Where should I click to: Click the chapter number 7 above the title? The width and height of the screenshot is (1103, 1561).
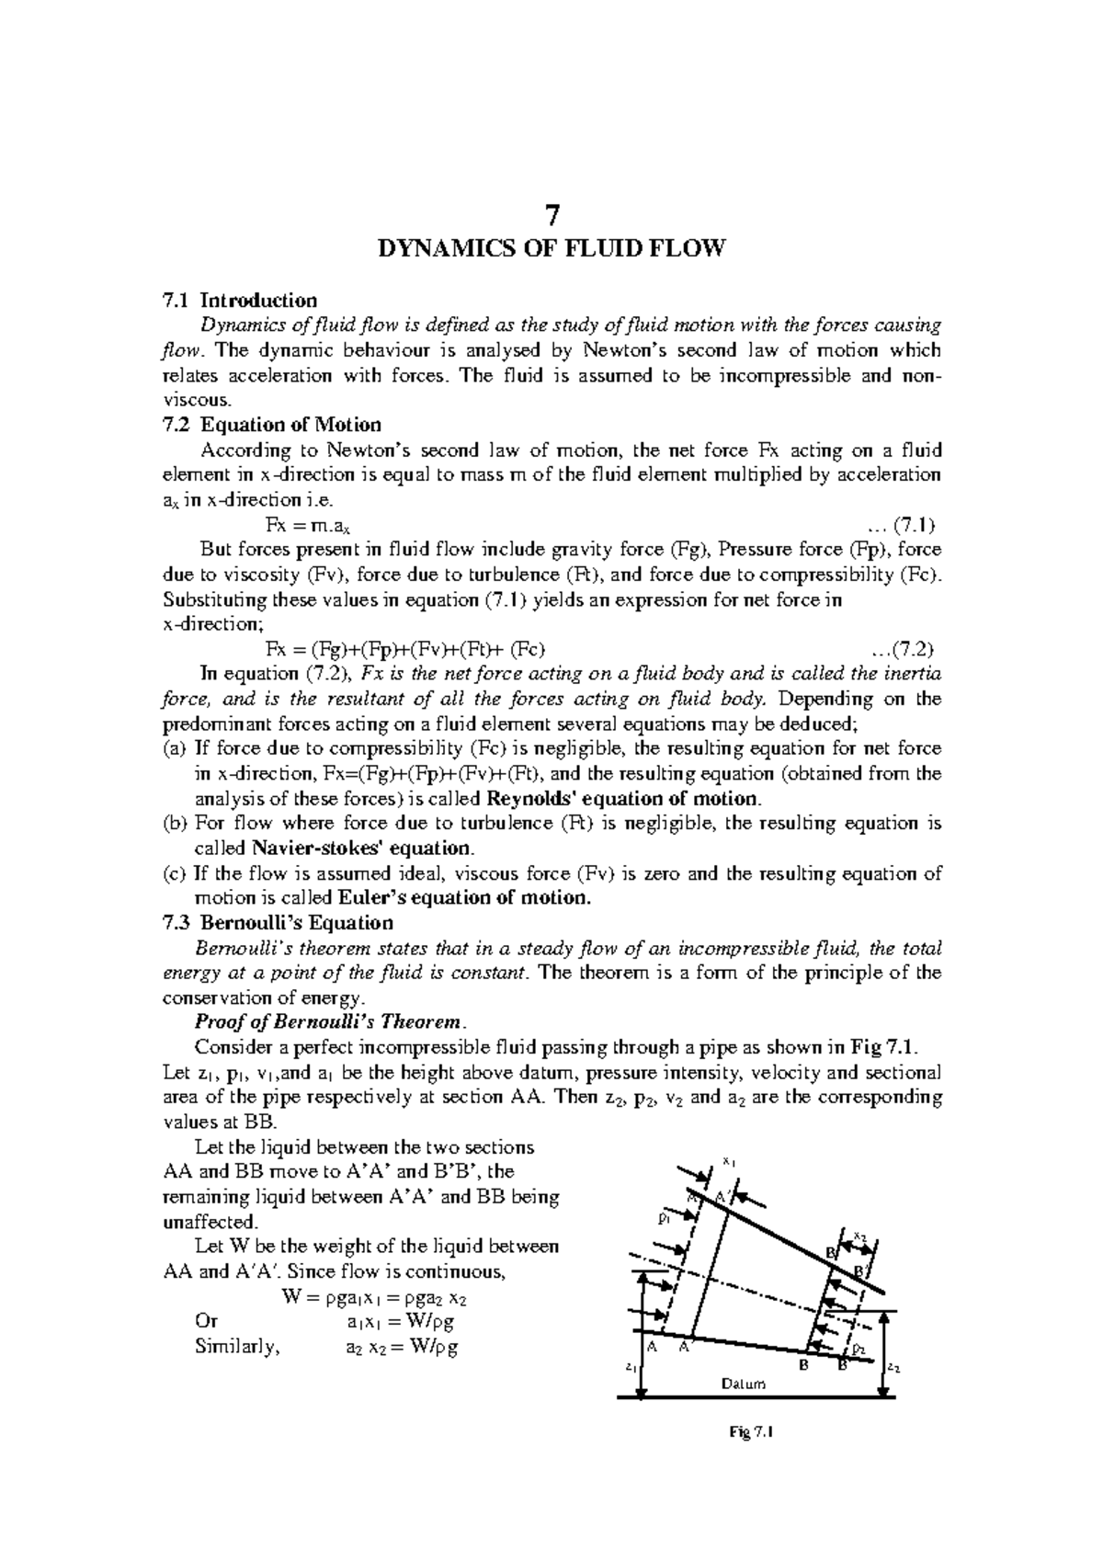click(551, 215)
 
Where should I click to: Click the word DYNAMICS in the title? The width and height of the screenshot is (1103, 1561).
click(438, 248)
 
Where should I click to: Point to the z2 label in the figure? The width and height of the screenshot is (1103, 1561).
click(894, 1369)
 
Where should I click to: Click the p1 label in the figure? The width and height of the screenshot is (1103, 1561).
click(664, 1217)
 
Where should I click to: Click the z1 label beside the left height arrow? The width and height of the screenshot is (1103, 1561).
click(628, 1367)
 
